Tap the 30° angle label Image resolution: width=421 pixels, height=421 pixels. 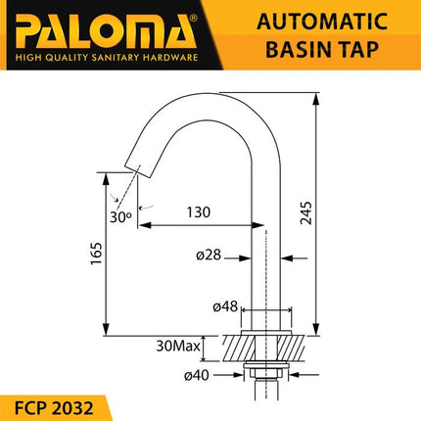pos(121,217)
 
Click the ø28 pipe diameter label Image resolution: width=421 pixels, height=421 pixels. pos(210,257)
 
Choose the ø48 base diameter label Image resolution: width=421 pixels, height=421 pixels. pos(227,306)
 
